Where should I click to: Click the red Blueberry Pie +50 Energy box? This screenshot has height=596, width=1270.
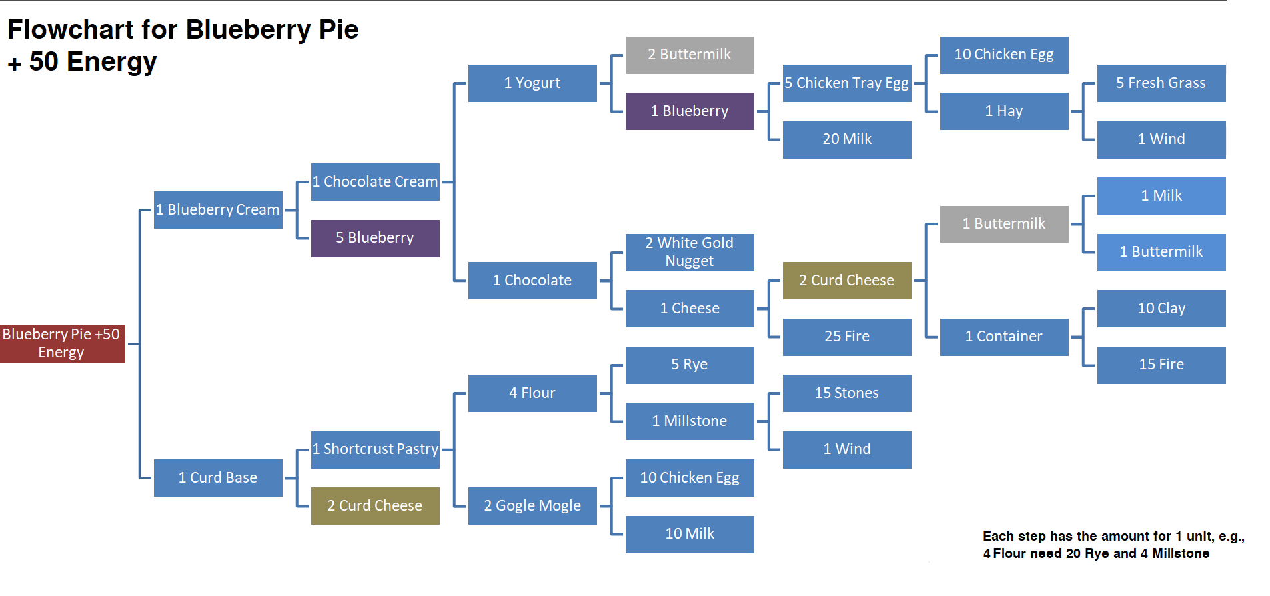(62, 343)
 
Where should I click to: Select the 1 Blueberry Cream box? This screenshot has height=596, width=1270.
(218, 210)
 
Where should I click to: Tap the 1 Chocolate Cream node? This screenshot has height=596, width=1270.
(375, 182)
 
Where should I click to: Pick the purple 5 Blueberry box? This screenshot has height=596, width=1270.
(375, 238)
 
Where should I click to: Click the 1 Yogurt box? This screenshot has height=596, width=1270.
(532, 83)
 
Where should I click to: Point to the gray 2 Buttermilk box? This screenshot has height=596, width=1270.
(690, 55)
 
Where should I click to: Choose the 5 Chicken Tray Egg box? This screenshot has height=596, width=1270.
(847, 83)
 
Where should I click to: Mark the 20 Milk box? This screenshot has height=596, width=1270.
(847, 139)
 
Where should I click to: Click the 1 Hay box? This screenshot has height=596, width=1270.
(1004, 111)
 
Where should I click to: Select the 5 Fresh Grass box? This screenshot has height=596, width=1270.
(1161, 83)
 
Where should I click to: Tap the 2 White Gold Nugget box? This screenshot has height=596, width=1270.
(690, 252)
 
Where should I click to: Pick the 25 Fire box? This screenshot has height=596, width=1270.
(847, 337)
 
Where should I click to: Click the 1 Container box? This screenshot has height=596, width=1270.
(1004, 337)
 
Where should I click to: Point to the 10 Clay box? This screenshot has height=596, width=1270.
(1161, 308)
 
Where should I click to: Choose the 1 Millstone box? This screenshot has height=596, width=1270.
(690, 421)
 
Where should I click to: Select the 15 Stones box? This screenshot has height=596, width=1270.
(847, 393)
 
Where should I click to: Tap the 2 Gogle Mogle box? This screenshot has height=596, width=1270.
(532, 506)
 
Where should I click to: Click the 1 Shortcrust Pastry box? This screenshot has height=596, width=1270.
(375, 449)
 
